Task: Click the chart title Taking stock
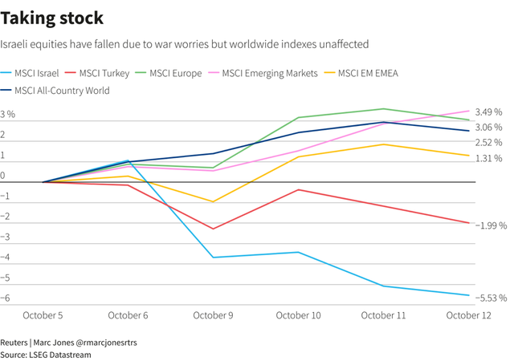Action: pos(52,17)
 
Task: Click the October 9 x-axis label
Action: pos(213,315)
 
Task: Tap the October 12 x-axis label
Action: pos(469,315)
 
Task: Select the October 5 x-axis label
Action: pos(43,315)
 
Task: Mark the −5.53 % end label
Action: pos(490,298)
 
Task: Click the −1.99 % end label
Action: pos(489,225)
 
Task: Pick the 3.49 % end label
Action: pos(488,112)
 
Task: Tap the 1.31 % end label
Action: pos(488,158)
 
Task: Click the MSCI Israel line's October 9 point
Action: pos(213,258)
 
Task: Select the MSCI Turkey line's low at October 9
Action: pos(213,229)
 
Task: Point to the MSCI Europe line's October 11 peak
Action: pos(384,109)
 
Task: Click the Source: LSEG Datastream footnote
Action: pos(46,354)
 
